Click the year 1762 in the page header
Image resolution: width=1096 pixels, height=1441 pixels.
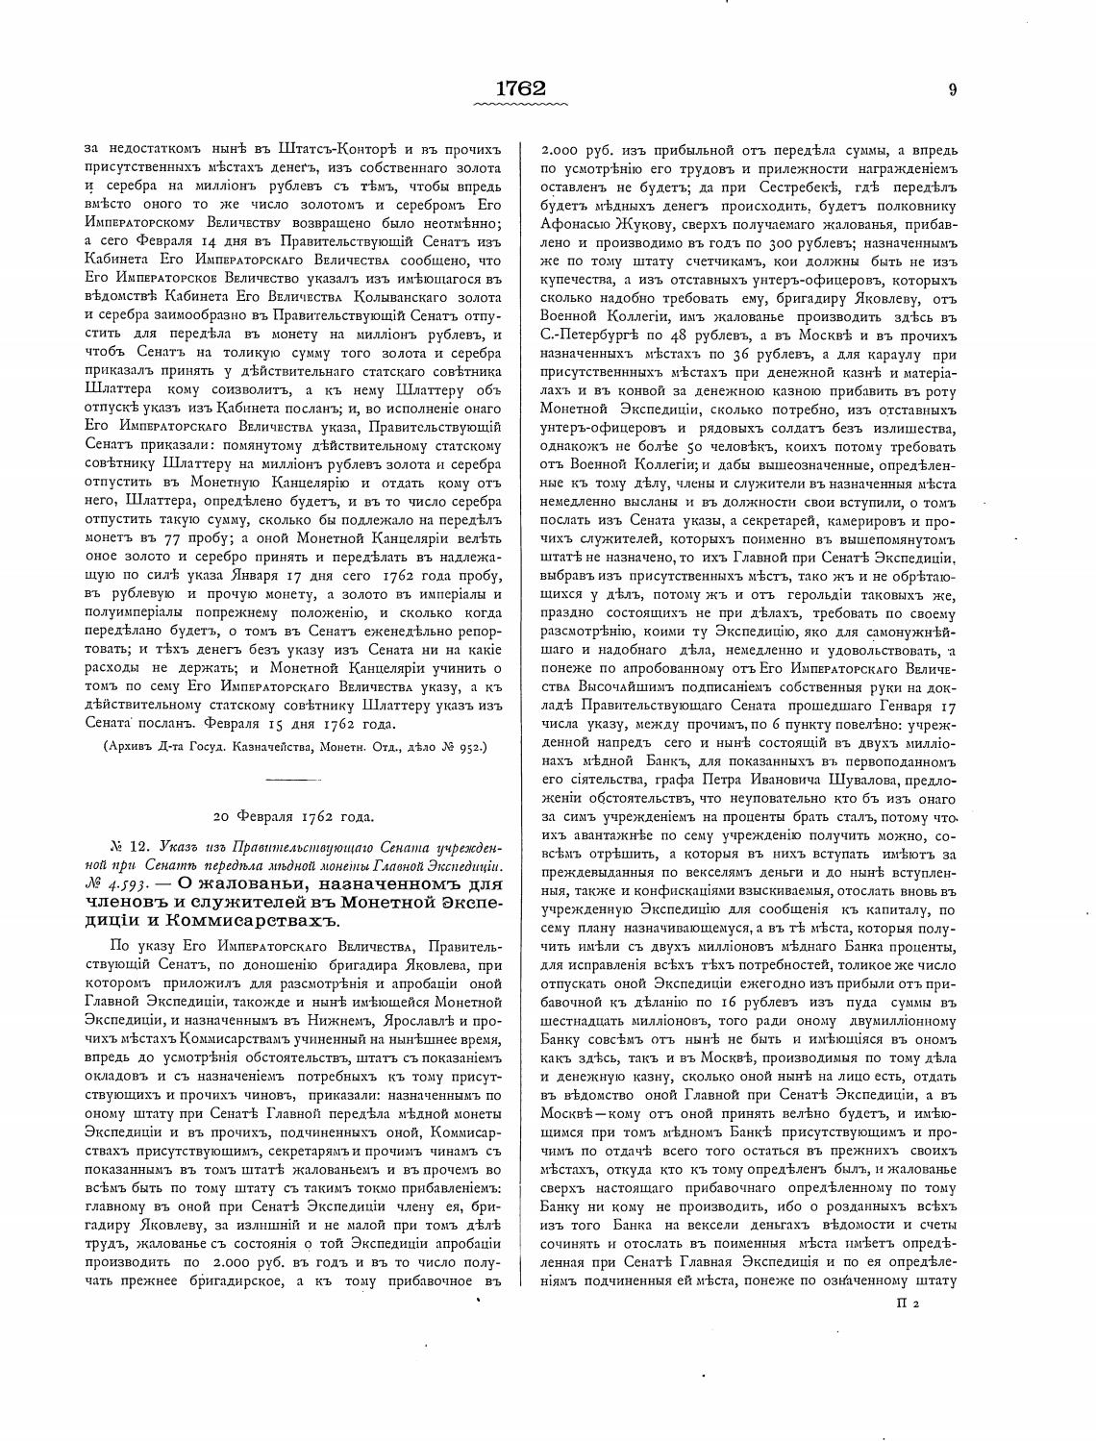point(521,88)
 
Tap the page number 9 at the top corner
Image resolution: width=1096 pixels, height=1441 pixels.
point(952,89)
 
